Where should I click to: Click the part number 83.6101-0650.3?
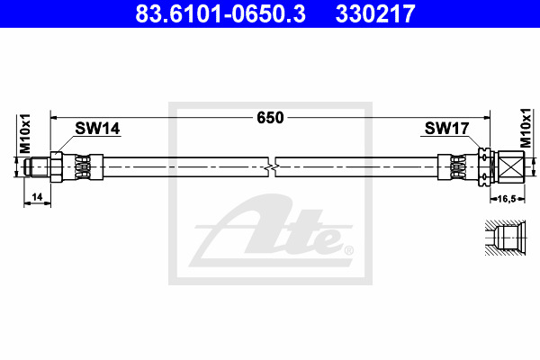click(x=220, y=13)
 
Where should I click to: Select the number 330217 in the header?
click(x=375, y=13)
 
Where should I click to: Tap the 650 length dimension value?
click(x=270, y=118)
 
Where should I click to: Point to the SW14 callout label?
click(x=97, y=129)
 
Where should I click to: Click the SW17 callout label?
click(x=446, y=129)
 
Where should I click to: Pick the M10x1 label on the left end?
click(x=25, y=134)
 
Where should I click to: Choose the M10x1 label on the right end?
click(x=526, y=128)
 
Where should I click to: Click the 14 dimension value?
click(x=37, y=197)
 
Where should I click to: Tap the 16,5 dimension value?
click(x=508, y=199)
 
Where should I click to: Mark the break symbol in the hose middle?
click(x=272, y=167)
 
